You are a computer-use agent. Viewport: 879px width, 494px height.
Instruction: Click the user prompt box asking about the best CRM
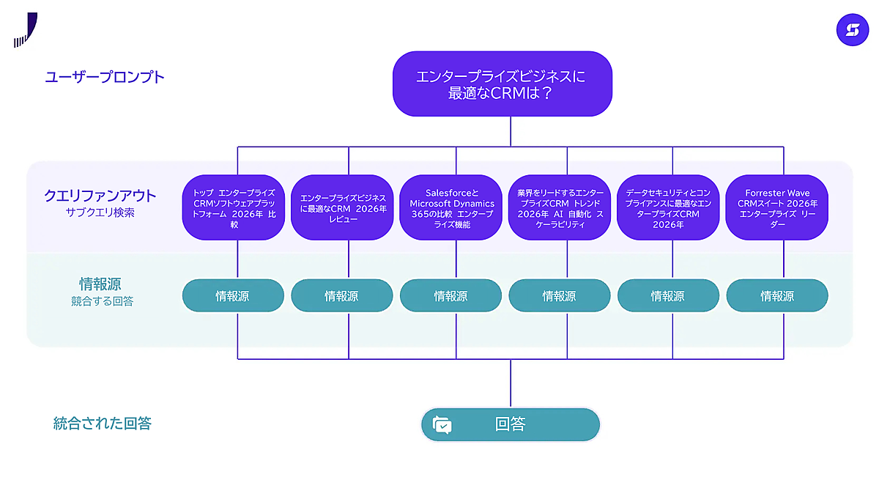502,84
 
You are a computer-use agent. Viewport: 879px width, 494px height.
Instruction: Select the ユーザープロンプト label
104,77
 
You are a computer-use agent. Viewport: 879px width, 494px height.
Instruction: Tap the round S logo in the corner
853,30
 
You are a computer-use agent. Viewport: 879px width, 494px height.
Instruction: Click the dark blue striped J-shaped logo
26,30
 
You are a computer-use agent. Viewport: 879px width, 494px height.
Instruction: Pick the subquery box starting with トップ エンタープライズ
234,207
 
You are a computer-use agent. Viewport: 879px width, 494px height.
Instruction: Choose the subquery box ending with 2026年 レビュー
342,207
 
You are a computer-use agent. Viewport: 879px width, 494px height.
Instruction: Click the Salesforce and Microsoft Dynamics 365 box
451,207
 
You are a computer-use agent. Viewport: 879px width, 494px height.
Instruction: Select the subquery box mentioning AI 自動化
560,207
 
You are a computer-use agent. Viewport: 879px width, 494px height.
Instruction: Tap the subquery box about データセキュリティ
668,207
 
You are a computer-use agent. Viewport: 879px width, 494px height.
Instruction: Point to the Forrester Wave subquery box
777,207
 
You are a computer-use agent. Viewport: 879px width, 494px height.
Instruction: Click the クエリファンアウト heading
100,196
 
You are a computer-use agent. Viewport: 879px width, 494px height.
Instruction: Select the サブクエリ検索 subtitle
100,213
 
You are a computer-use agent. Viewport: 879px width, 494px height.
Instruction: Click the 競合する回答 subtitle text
102,301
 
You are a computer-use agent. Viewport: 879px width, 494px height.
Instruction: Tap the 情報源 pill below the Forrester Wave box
777,295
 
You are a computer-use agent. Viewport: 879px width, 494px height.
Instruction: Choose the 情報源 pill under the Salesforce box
451,295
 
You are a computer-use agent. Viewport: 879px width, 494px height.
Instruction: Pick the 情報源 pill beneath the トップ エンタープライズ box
233,295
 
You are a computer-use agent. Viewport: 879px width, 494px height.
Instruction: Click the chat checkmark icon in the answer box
442,425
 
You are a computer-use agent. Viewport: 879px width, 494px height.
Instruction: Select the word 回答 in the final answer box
510,424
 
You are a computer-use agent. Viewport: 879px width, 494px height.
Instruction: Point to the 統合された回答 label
102,424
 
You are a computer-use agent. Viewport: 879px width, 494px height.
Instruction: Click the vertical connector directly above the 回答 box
511,383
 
